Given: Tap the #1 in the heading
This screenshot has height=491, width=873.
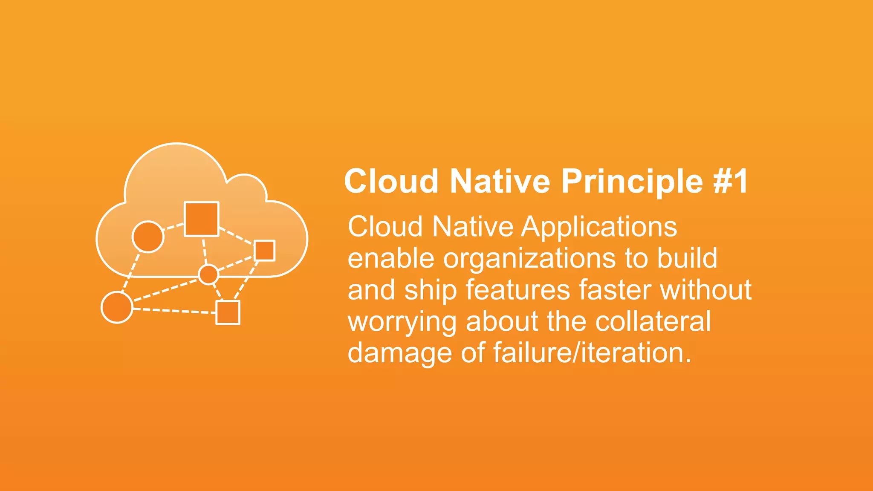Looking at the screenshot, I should (731, 182).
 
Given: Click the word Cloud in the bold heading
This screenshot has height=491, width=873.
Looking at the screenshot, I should (391, 182).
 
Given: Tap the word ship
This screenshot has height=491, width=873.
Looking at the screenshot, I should (431, 291).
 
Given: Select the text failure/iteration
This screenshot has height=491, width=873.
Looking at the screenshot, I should (592, 353).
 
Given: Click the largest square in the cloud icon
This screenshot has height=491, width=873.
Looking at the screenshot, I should (201, 219).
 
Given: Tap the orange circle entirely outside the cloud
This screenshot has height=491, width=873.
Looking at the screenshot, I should (117, 307).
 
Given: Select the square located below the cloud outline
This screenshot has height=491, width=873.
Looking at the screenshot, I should (228, 312).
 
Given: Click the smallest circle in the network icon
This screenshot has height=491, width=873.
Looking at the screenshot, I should (208, 274).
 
